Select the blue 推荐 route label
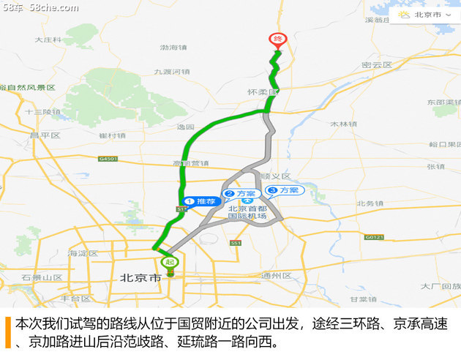pyautogui.click(x=201, y=200)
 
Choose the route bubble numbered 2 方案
pyautogui.click(x=240, y=194)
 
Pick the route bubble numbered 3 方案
pyautogui.click(x=284, y=190)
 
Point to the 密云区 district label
pyautogui.click(x=377, y=65)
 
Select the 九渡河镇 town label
pyautogui.click(x=172, y=72)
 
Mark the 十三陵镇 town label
pyautogui.click(x=42, y=112)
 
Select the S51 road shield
pyautogui.click(x=235, y=243)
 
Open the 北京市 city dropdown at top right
pyautogui.click(x=429, y=14)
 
